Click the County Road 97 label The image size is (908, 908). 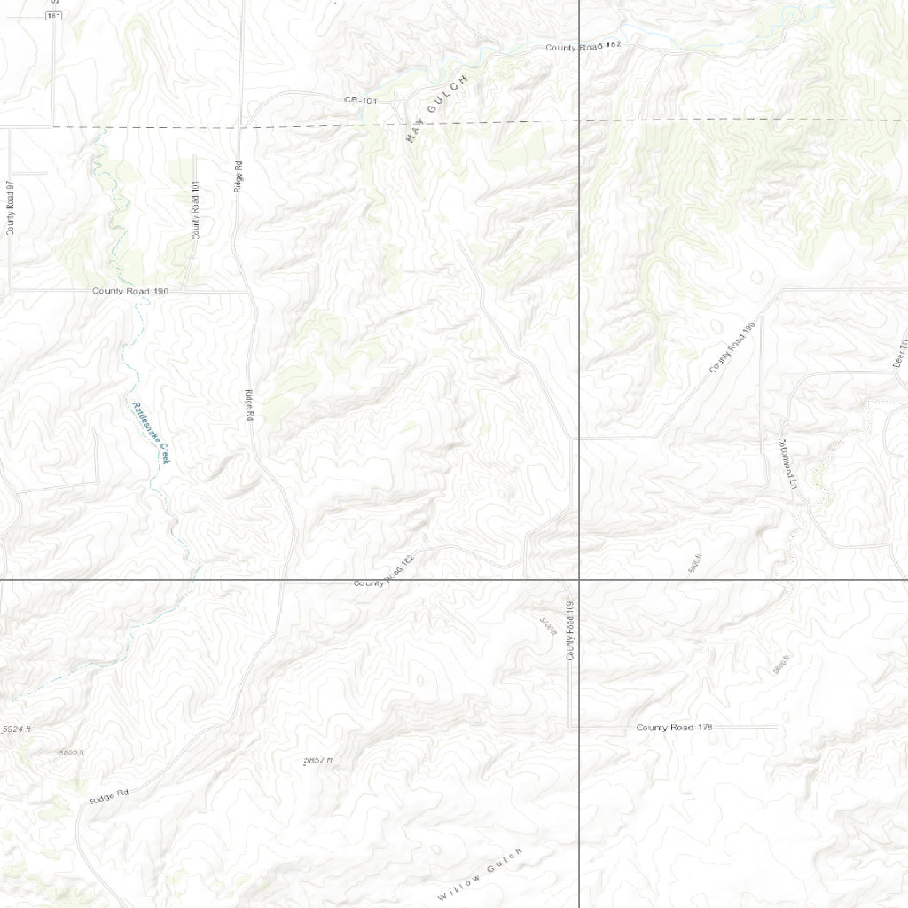(11, 207)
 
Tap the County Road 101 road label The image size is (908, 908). (196, 210)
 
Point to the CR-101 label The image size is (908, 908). (361, 101)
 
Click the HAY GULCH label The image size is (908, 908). (435, 110)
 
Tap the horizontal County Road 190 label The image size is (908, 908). (130, 291)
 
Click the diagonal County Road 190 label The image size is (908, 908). (732, 348)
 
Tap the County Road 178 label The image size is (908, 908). (674, 727)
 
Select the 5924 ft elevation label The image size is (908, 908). (17, 729)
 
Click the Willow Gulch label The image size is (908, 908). (480, 874)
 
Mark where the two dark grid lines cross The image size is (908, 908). (579, 580)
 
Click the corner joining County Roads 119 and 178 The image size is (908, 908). (569, 727)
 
